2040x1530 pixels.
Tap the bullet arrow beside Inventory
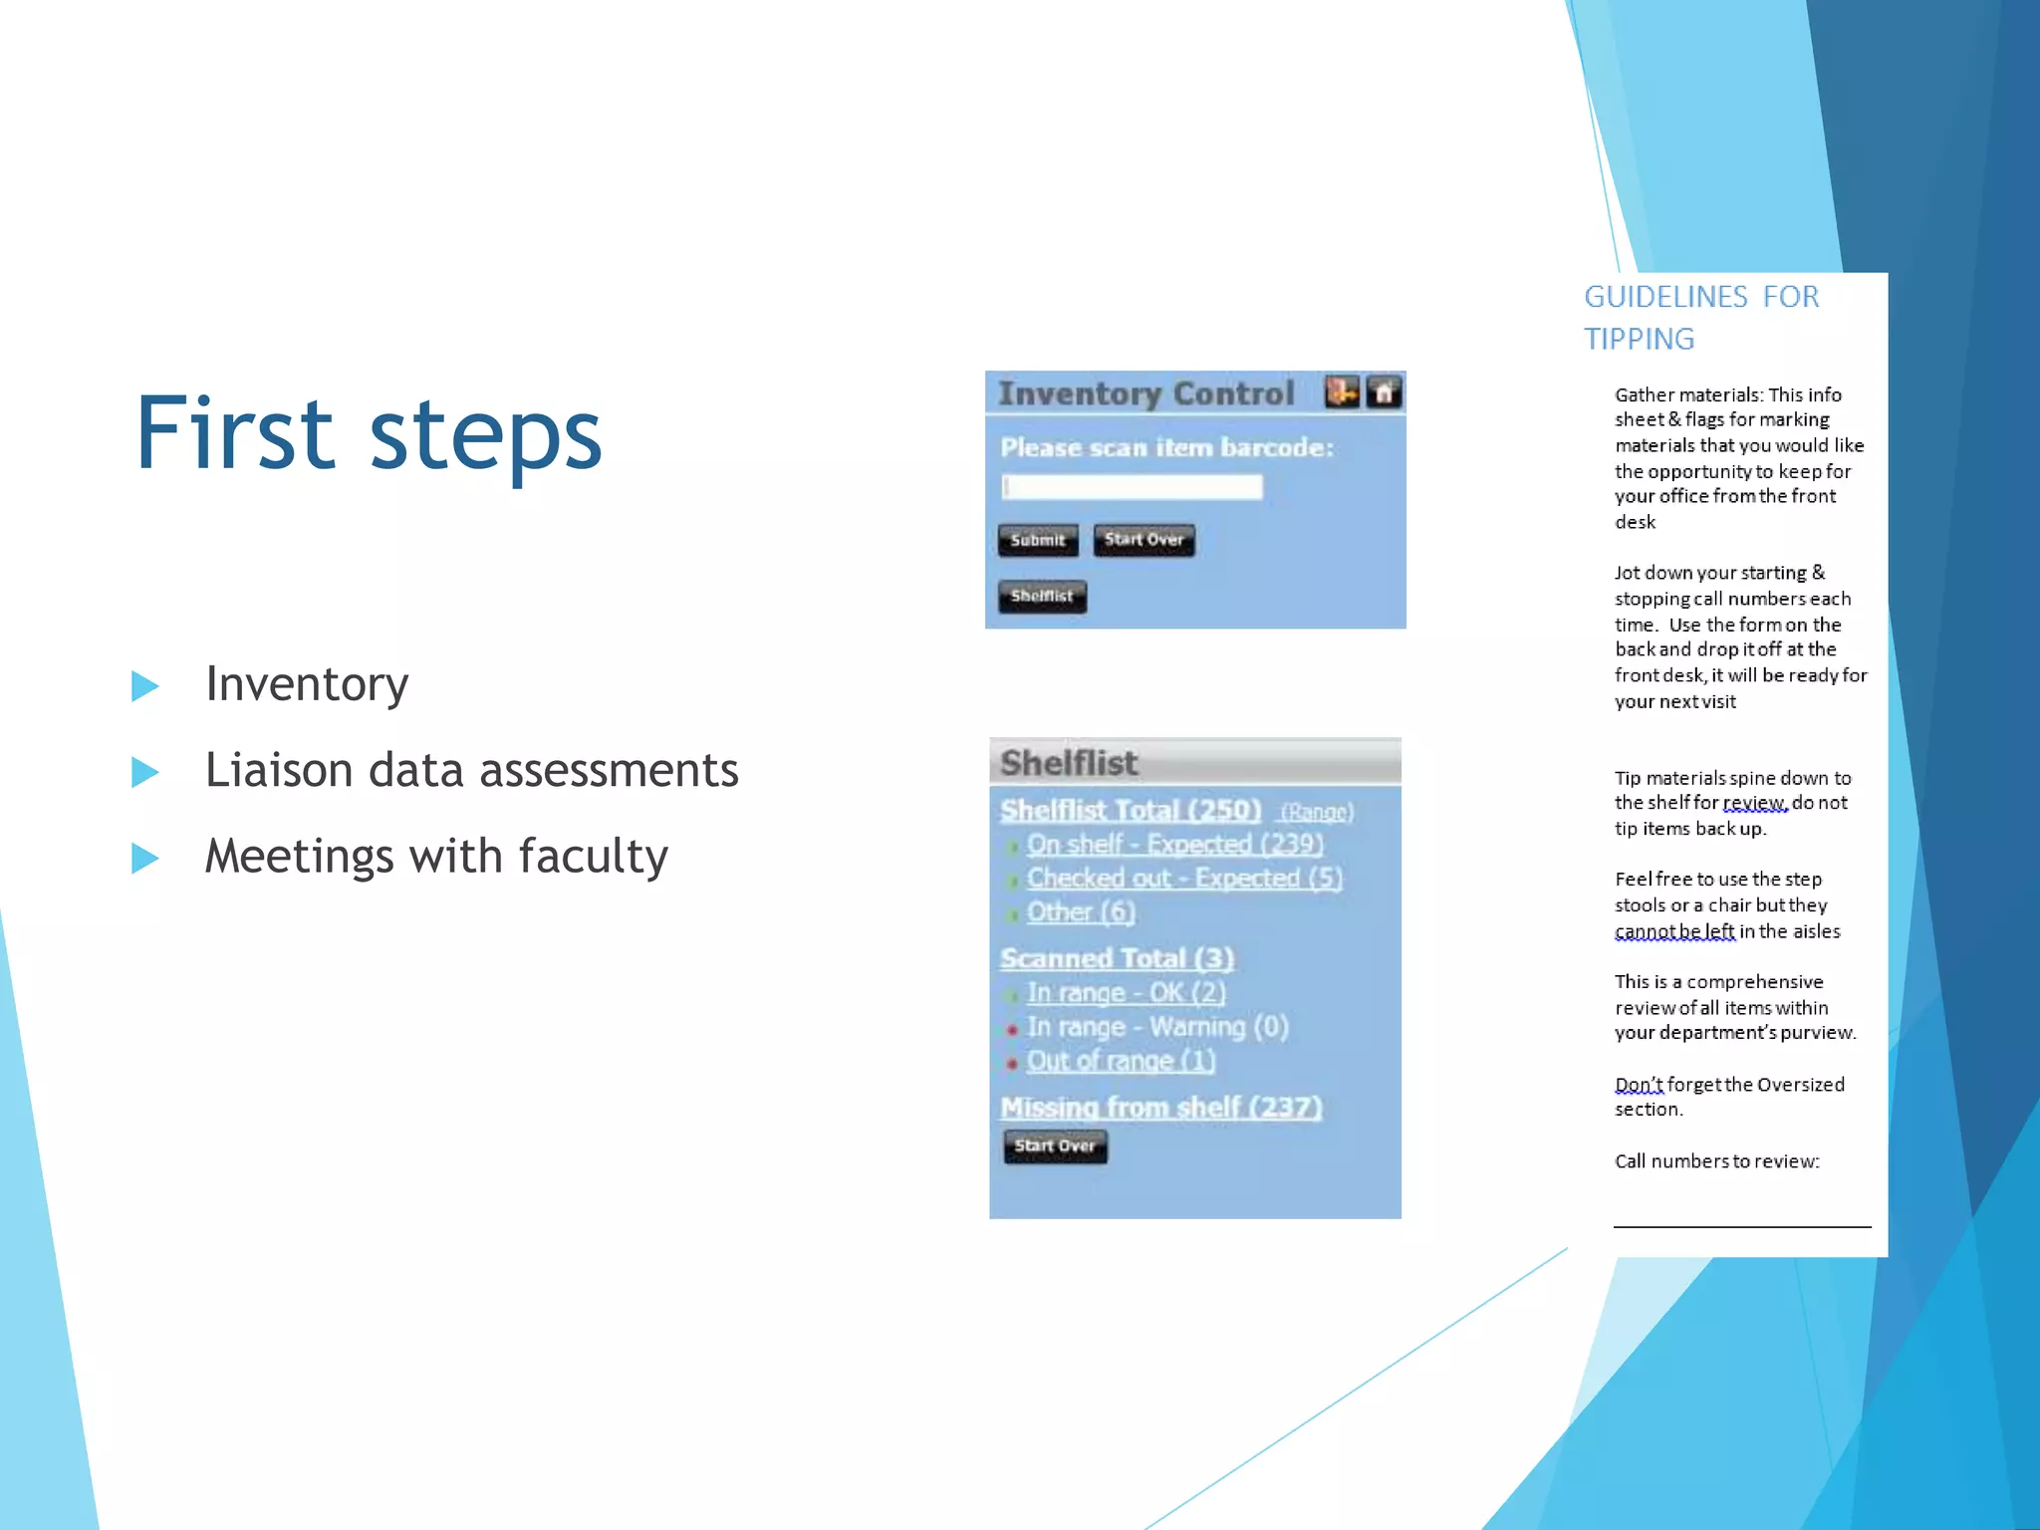pos(145,685)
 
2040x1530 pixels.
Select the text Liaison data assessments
pos(471,770)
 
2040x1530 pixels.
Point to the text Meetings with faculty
pos(436,857)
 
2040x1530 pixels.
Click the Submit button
pos(1037,540)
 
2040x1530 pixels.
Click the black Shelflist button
pos(1042,596)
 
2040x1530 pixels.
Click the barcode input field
pos(1132,487)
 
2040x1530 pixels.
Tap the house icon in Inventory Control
pos(1384,392)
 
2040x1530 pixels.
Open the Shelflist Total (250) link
pos(1131,810)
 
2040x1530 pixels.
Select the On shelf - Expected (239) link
pos(1174,845)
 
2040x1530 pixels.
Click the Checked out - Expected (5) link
pos(1184,879)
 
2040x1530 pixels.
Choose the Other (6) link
pos(1081,912)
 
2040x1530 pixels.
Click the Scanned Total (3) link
pos(1117,958)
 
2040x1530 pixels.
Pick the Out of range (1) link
pos(1121,1061)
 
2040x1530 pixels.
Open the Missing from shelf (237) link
pos(1160,1108)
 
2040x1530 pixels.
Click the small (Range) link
pos(1317,813)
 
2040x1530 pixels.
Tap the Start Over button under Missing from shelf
pos(1055,1147)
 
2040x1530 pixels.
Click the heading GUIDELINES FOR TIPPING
pos(1700,318)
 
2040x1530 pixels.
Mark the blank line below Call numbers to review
pos(1741,1223)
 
